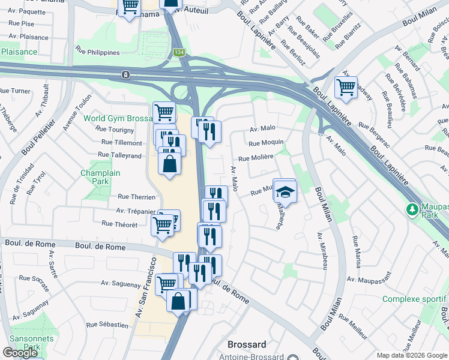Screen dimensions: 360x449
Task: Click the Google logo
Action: [x=20, y=353]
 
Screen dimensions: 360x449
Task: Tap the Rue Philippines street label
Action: [x=97, y=52]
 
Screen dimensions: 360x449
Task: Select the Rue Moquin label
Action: [x=266, y=143]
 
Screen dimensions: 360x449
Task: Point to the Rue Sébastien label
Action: [x=107, y=325]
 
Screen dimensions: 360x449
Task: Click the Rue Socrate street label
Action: [x=33, y=278]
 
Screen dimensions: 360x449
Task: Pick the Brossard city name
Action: [x=247, y=345]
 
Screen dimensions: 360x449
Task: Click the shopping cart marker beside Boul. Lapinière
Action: [x=346, y=88]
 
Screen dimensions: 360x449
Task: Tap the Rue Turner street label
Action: [x=15, y=91]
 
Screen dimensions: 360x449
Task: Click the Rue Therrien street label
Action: [x=137, y=196]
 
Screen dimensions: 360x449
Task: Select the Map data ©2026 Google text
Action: [x=411, y=355]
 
